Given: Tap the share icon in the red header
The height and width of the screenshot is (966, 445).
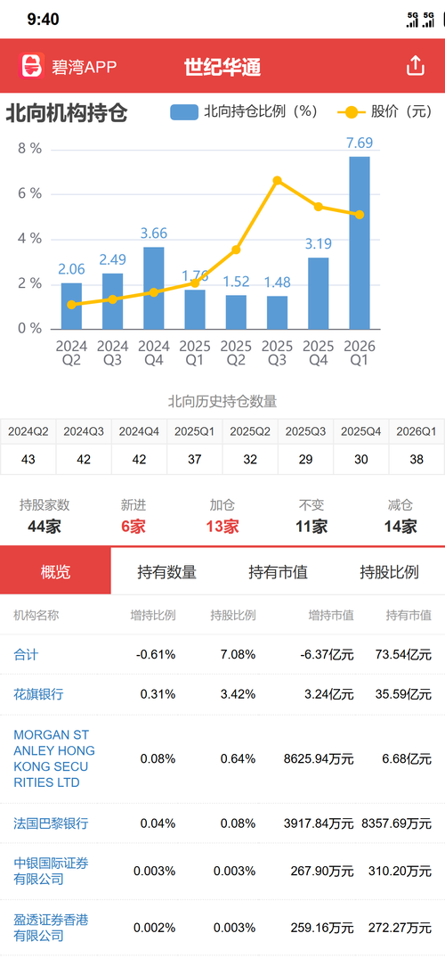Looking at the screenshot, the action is coord(416,65).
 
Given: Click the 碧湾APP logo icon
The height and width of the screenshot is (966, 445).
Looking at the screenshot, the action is coord(33,66).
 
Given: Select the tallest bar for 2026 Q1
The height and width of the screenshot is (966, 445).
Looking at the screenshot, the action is coord(360,242).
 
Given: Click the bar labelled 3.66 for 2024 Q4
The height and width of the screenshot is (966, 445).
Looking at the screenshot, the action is coord(154,288).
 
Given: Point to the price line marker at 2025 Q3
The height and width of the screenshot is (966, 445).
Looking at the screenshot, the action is coord(277,181).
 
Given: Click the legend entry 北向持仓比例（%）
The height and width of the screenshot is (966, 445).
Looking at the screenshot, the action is coord(245,111).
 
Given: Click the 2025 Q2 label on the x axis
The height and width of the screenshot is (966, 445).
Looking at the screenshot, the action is coord(237,354).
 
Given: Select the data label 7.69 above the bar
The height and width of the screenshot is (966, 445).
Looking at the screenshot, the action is coord(360,143).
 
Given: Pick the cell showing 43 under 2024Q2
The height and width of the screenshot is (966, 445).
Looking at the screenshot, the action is coord(28,460).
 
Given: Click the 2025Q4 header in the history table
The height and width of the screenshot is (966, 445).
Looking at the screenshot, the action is coord(360,432).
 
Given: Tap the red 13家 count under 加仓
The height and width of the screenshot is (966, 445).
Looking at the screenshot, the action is coord(222,527).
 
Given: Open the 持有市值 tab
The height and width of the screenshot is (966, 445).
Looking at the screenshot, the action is coord(278,572).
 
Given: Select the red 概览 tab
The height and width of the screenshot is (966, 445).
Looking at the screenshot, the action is coord(55,571).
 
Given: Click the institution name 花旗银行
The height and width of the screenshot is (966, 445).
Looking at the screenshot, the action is coord(39,694).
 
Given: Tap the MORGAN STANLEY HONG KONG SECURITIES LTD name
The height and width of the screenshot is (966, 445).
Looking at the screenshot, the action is coord(54,759).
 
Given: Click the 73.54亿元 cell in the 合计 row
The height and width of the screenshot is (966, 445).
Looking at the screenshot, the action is coord(403,654).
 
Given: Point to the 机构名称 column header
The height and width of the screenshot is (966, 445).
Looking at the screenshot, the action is coord(36,615).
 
